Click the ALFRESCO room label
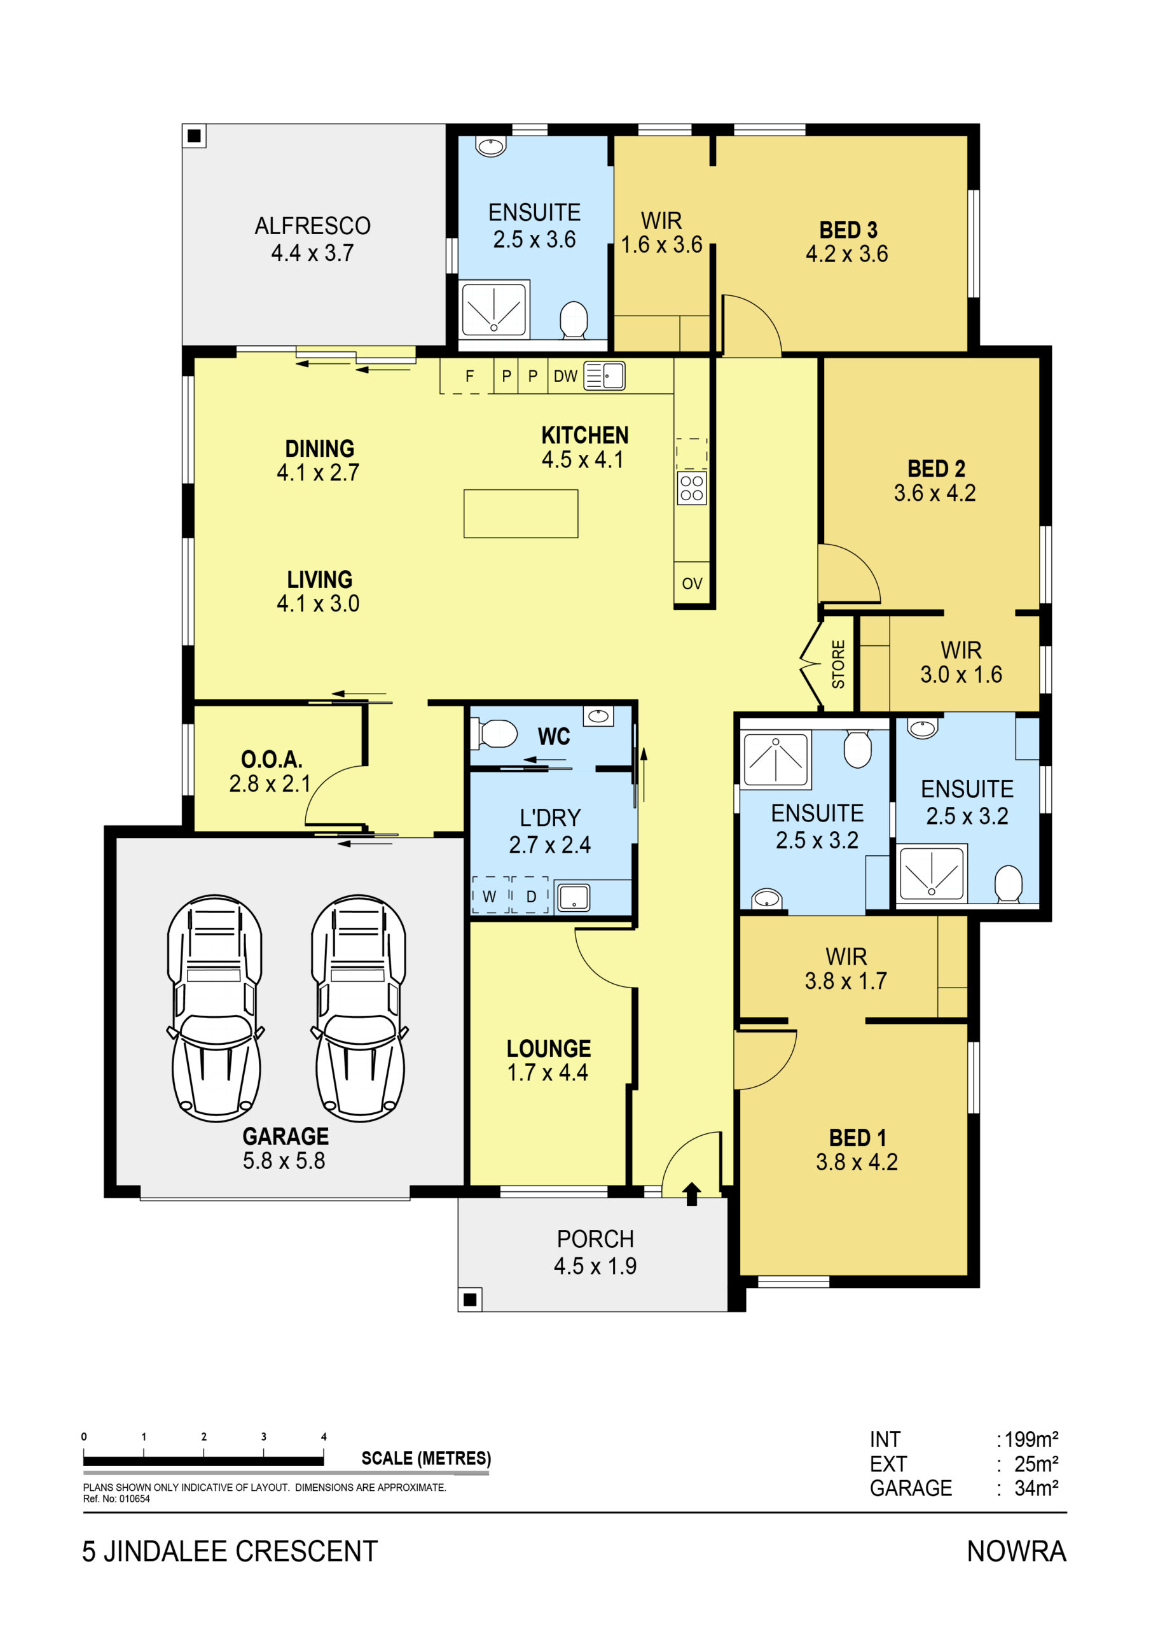pos(312,226)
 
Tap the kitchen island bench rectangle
pos(521,514)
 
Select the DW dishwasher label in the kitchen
pos(565,376)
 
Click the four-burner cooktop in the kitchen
pos(691,488)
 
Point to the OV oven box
pos(691,584)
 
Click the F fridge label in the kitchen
pos(469,376)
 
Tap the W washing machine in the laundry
pos(490,896)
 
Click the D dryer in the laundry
pos(530,896)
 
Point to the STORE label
pos(838,664)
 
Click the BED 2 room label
pos(936,468)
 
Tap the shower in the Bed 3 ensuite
pos(493,310)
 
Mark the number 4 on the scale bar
pos(324,1437)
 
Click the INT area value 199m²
pos(1031,1439)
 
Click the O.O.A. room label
pos(272,759)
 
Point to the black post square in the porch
pos(469,1300)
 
